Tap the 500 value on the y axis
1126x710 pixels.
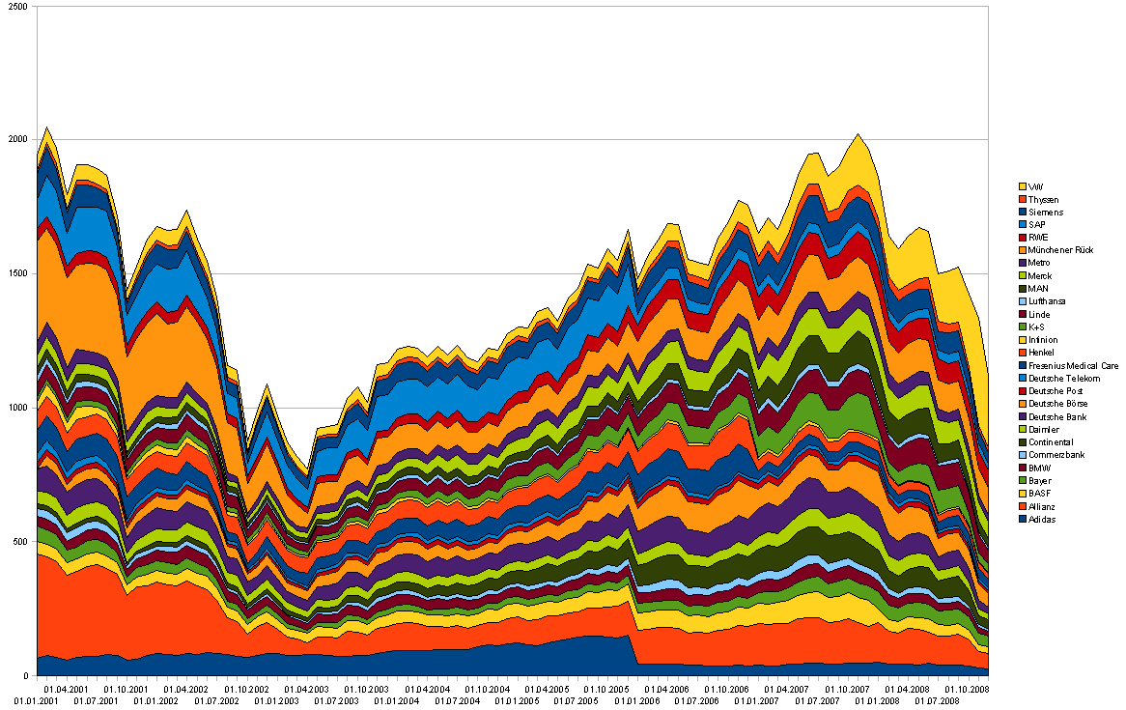point(22,542)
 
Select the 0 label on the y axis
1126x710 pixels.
point(28,675)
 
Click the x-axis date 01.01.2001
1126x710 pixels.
point(35,699)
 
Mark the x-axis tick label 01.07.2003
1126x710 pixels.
point(337,699)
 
